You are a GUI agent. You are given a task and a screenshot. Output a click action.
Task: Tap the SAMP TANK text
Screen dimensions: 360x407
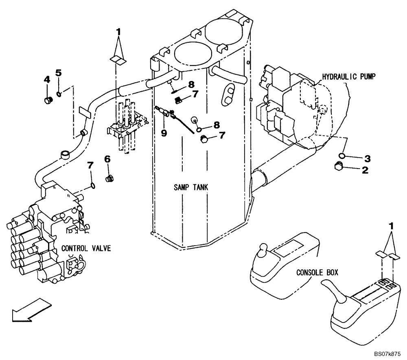coord(190,188)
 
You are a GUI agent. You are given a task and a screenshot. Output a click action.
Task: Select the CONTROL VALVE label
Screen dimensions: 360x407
coord(86,248)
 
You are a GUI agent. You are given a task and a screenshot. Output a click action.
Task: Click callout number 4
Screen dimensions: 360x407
coord(47,80)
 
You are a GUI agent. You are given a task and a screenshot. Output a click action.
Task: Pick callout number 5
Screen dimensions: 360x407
coord(59,73)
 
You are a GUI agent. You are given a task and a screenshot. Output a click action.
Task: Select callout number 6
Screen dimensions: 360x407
coord(107,159)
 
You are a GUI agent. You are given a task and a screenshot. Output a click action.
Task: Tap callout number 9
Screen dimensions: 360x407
coord(164,133)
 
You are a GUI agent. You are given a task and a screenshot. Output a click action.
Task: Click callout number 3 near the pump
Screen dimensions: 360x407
coord(368,158)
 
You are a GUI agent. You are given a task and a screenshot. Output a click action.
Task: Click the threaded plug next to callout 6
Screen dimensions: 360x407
coord(109,179)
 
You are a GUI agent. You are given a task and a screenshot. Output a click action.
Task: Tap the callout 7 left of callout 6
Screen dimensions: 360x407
coord(90,165)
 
